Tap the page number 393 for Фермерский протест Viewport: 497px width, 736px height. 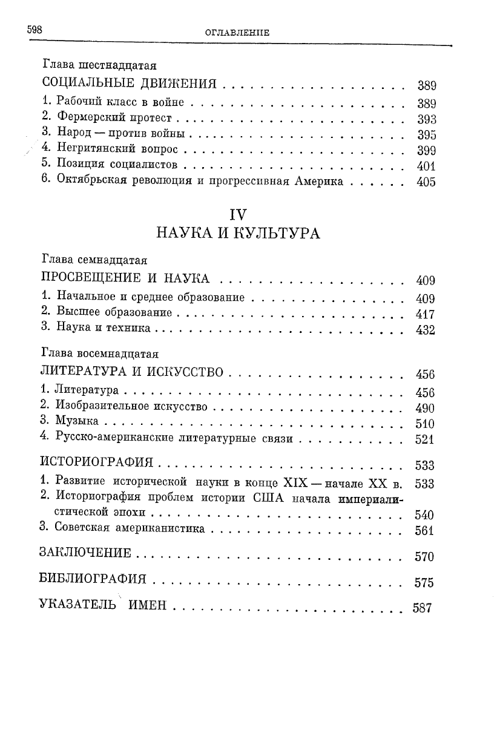(426, 119)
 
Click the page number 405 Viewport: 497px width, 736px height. (426, 182)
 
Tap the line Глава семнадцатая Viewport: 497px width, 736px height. (95, 260)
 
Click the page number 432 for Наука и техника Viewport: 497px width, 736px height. (426, 330)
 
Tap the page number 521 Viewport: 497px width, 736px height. (426, 440)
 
